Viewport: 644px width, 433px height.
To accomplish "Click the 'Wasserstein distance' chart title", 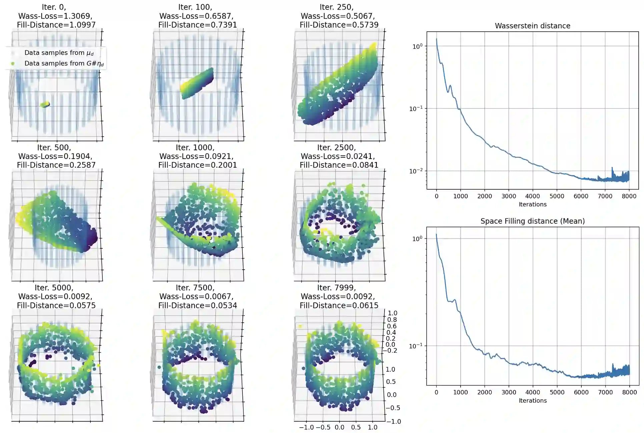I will coord(532,26).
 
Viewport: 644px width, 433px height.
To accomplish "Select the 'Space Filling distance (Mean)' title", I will coord(532,221).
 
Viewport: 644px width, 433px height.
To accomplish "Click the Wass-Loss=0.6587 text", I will coord(196,16).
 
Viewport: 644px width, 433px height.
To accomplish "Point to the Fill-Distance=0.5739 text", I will coord(339,25).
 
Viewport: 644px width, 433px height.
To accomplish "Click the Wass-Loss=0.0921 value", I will coord(196,156).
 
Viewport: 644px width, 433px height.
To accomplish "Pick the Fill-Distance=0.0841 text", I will coord(339,165).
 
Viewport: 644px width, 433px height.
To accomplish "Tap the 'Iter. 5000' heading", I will coord(54,288).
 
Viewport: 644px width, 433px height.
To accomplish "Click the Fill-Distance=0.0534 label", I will coord(197,305).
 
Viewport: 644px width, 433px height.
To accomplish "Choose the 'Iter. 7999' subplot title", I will coord(337,288).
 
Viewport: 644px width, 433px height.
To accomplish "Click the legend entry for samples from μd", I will coord(59,53).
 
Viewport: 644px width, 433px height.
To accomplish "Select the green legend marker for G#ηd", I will coord(13,63).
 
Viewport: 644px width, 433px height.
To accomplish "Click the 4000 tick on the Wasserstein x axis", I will coord(533,196).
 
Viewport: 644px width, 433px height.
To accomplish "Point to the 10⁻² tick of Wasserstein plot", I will coord(416,171).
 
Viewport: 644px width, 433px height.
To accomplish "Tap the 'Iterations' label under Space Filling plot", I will coord(533,400).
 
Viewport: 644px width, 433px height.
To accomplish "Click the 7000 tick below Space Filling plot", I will coord(605,392).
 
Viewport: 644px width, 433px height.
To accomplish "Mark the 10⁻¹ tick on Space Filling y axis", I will coord(416,346).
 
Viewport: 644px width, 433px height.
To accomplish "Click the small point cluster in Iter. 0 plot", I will coord(45,105).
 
